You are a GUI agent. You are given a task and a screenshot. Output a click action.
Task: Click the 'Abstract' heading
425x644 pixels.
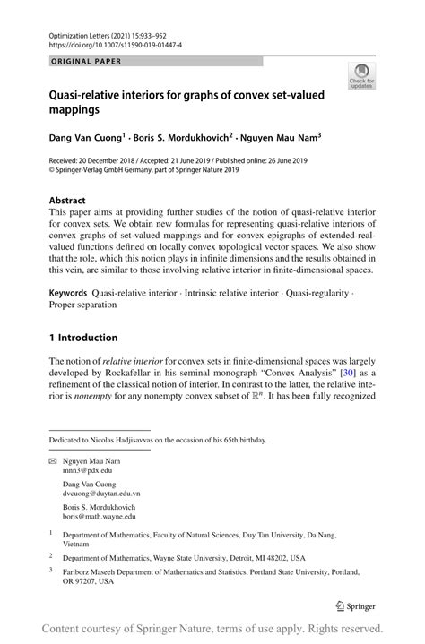[x=67, y=202]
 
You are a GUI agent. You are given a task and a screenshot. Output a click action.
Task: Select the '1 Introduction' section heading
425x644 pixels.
[x=83, y=338]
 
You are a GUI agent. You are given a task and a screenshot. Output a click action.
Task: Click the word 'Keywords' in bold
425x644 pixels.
[x=68, y=292]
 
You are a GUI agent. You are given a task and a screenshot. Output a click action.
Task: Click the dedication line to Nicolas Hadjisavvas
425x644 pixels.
[x=157, y=440]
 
